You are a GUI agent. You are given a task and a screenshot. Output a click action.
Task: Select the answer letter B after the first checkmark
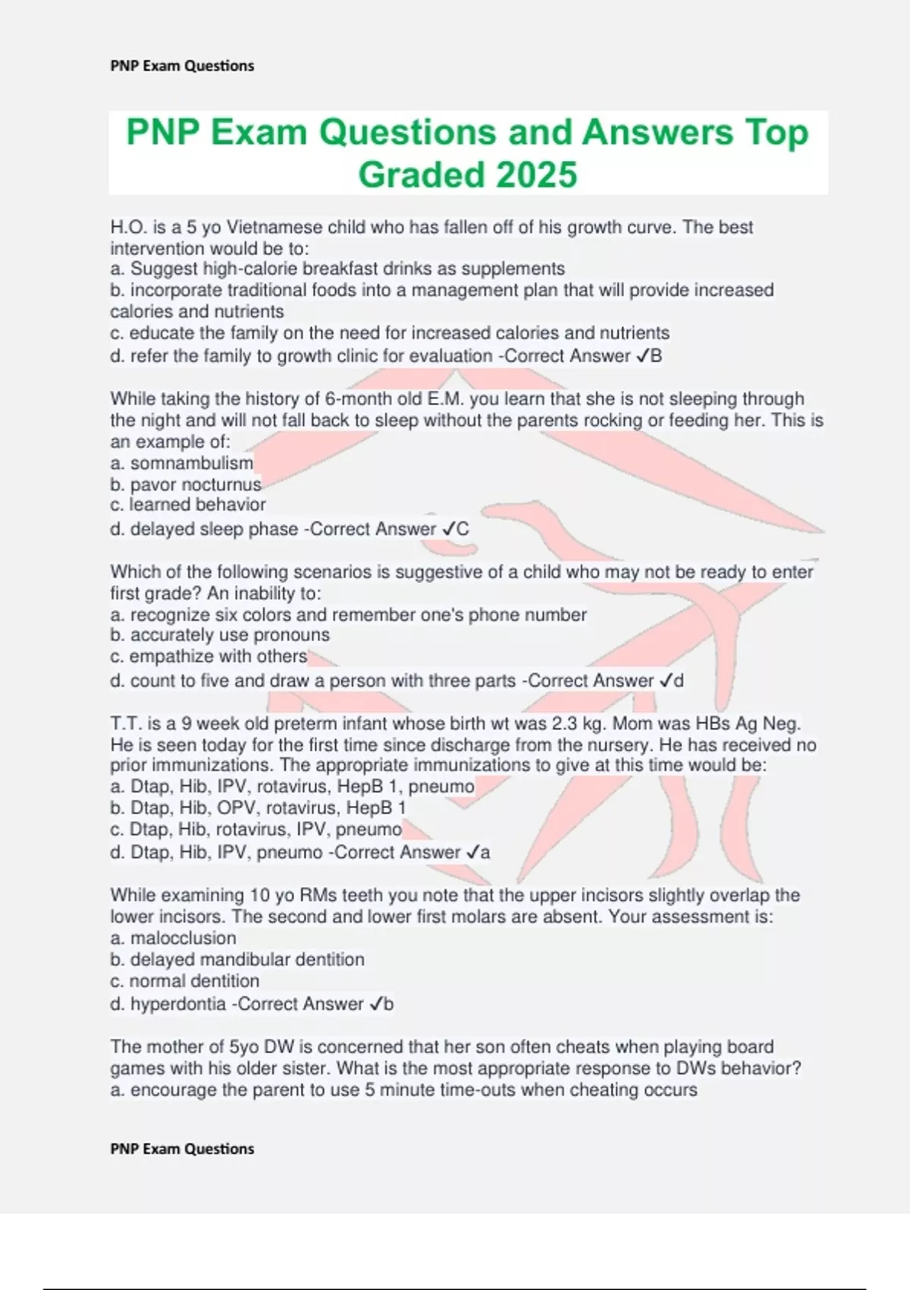click(x=656, y=356)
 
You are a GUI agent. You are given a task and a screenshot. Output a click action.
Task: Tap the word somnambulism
click(x=192, y=463)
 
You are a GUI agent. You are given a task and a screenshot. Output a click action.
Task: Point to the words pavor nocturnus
click(x=196, y=484)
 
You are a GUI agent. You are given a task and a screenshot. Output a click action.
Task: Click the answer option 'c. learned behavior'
click(x=188, y=505)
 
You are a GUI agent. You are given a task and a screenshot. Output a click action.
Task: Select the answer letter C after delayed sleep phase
click(x=463, y=529)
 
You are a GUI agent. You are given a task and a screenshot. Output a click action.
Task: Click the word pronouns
click(x=293, y=634)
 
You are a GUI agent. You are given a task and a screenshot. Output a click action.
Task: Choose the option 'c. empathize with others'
click(x=209, y=656)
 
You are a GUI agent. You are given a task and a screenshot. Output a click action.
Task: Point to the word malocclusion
click(x=183, y=938)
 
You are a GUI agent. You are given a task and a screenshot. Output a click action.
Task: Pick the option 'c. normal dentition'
click(x=184, y=980)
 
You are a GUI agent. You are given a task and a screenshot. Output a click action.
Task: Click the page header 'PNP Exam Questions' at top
click(x=182, y=66)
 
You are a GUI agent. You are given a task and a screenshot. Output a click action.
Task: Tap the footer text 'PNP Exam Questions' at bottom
click(x=182, y=1149)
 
